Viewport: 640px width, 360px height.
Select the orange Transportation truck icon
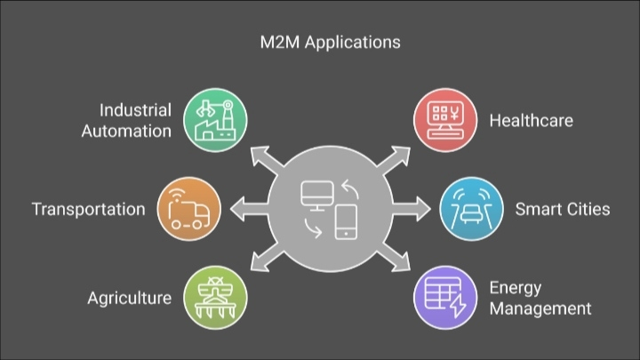[188, 210]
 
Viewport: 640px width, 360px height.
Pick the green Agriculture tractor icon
[214, 298]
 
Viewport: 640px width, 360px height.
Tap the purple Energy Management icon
[443, 298]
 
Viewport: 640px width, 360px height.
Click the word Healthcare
[531, 121]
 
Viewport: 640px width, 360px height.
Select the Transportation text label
[88, 210]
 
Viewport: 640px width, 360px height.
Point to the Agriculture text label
[129, 298]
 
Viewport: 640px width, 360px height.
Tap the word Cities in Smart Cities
[588, 210]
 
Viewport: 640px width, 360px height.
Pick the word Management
[540, 308]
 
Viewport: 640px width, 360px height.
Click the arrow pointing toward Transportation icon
[243, 210]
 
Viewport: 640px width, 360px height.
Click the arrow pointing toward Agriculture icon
[263, 260]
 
